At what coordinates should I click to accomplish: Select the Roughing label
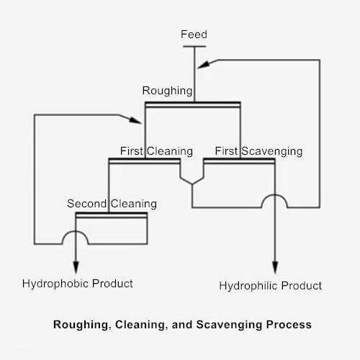167,91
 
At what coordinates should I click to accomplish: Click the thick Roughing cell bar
192,104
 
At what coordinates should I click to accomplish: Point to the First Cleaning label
156,151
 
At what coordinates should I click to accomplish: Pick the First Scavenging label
258,151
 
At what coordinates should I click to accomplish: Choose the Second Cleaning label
112,204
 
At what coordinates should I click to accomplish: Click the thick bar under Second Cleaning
111,215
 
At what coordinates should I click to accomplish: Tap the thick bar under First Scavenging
239,161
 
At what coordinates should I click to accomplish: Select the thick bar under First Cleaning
144,161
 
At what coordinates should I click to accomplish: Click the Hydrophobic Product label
78,284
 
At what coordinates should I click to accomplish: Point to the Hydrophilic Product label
270,286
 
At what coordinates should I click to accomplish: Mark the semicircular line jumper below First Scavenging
274,201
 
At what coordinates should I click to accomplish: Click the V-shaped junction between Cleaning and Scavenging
192,178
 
